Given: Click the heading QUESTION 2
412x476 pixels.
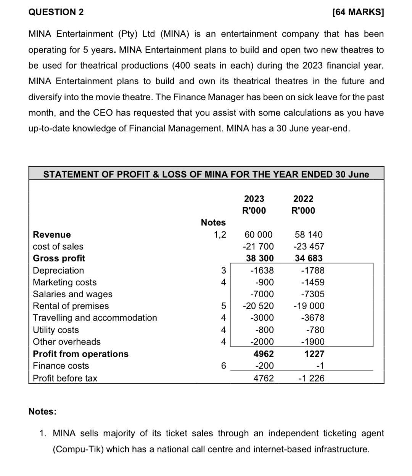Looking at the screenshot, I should (x=56, y=12).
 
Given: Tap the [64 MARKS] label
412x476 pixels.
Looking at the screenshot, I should (x=358, y=12).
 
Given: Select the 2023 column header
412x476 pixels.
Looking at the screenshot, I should (x=254, y=199).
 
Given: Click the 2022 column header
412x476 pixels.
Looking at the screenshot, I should (x=303, y=199).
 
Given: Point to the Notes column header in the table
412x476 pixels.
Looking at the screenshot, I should (x=213, y=222).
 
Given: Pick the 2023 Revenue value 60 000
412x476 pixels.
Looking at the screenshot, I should (x=258, y=234).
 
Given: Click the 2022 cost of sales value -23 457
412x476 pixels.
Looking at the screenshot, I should (x=309, y=246).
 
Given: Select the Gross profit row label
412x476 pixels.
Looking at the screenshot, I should (x=59, y=258).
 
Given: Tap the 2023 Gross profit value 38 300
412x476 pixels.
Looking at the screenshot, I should (x=260, y=258).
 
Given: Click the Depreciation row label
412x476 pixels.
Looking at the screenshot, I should (x=58, y=270).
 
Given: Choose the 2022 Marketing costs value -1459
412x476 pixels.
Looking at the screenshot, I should (x=312, y=282).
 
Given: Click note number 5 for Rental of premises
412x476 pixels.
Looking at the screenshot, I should (x=224, y=306).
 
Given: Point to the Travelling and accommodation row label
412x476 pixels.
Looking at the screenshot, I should (x=95, y=317).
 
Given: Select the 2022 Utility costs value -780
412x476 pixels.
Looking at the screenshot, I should (x=315, y=330).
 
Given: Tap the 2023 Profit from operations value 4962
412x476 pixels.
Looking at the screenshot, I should (x=264, y=354).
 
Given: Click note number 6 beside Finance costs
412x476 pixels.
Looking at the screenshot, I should (x=224, y=365).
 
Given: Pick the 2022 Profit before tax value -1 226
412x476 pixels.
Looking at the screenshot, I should (x=311, y=378).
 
